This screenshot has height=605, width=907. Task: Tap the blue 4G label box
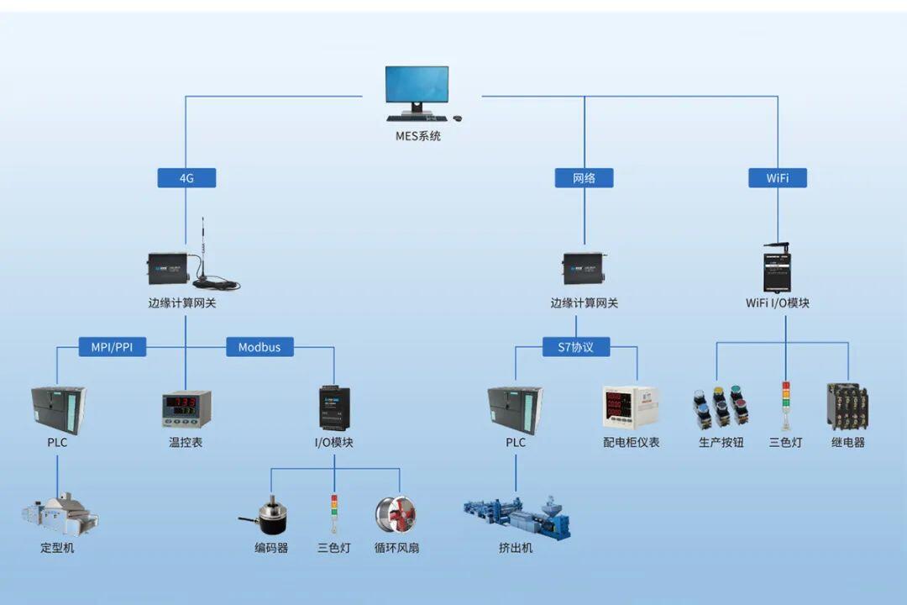coord(186,178)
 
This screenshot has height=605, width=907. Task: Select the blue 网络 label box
coord(584,178)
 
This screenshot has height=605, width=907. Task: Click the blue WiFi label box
coord(778,178)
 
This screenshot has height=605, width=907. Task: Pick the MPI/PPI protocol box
coord(113,347)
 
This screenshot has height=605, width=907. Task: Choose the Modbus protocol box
coord(260,347)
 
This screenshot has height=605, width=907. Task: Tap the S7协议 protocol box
coord(575,347)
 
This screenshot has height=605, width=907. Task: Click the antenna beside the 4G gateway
coord(204,255)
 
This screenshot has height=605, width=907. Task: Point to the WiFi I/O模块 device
coord(778,268)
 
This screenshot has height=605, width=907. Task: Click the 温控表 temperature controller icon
coord(186,408)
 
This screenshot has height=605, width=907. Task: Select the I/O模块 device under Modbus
coord(333,408)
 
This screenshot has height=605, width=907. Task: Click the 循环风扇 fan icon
coord(396,516)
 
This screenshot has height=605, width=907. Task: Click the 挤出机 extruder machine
coord(516,517)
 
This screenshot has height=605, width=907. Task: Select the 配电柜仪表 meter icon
coord(631,408)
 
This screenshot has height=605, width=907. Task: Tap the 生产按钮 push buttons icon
coord(721,408)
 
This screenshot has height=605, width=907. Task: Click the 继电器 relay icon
coord(848,407)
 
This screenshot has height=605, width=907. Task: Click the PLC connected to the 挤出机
coord(516,409)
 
